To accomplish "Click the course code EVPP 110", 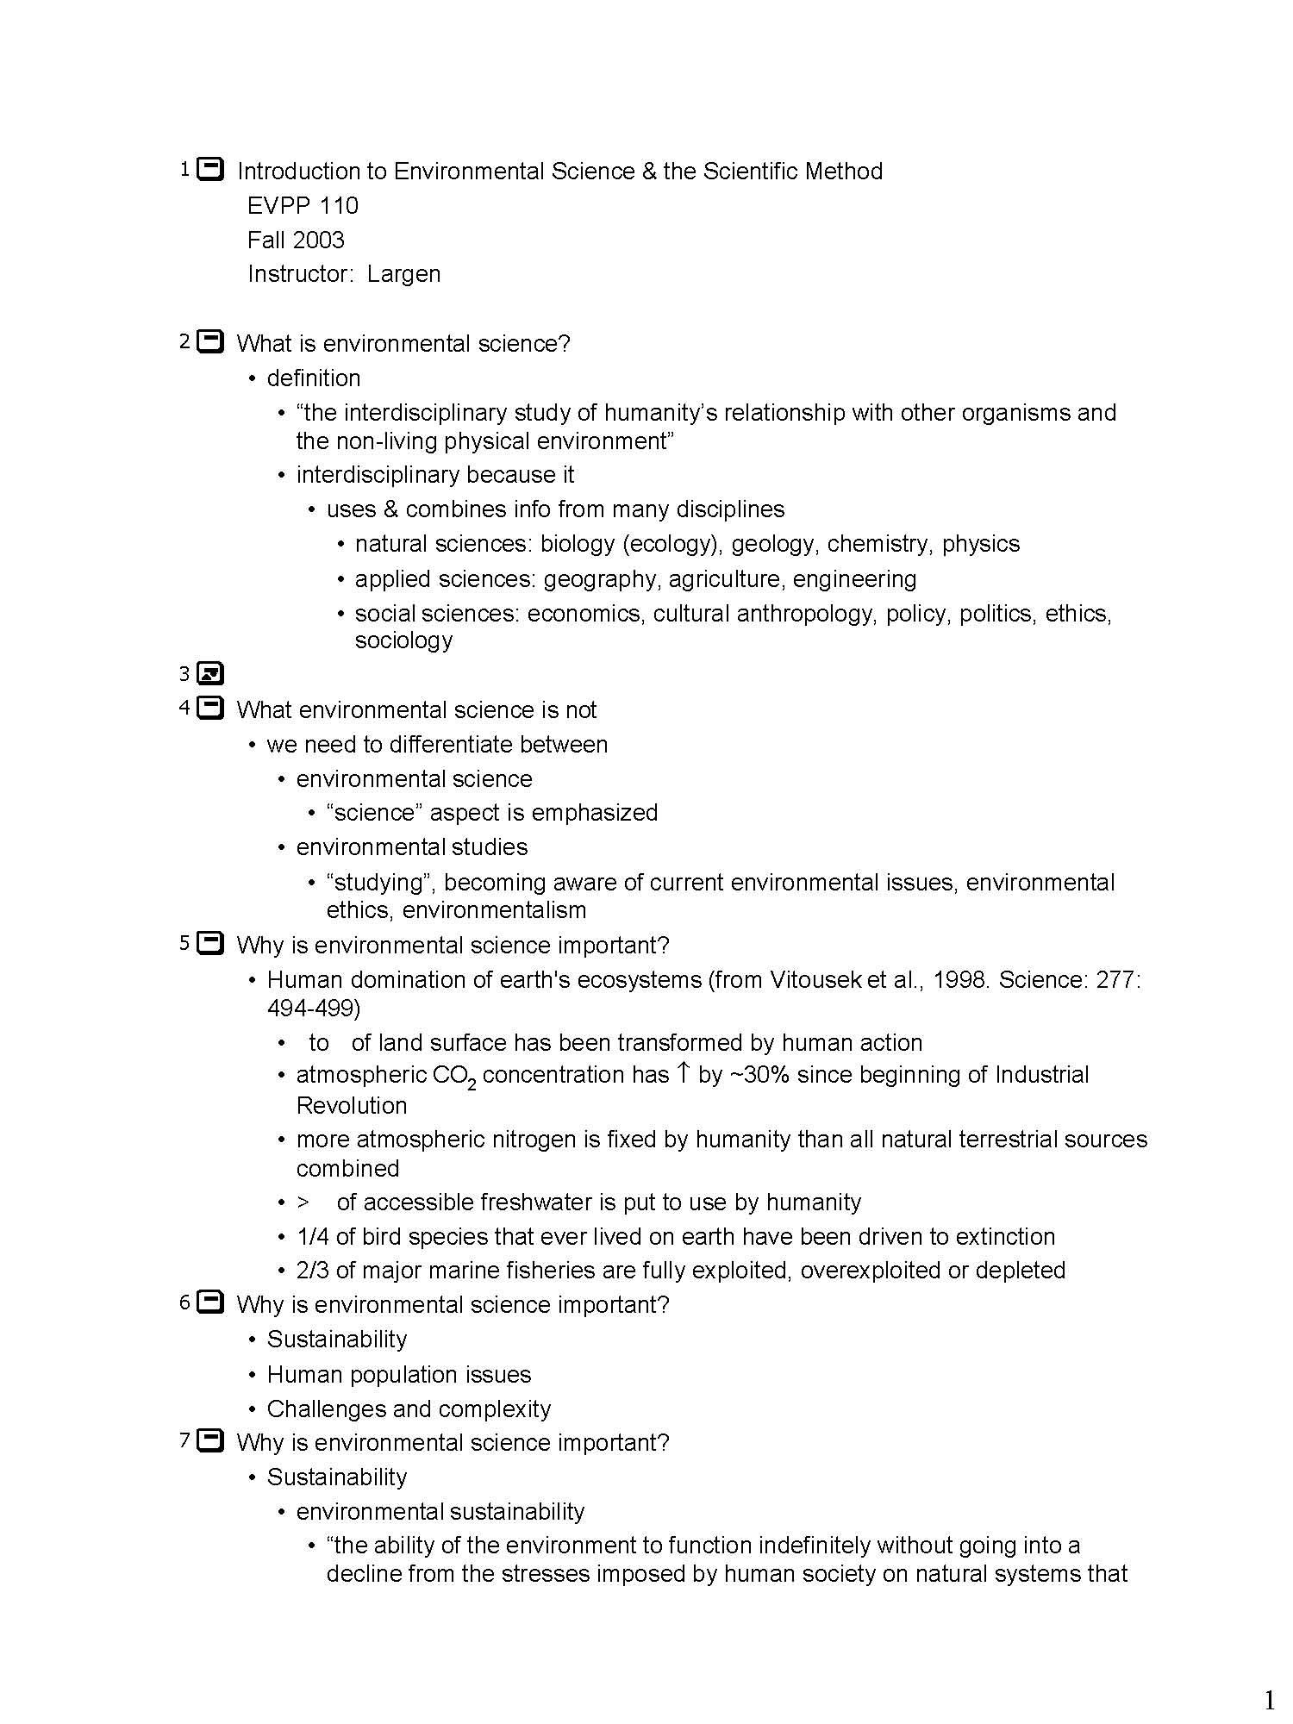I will click(303, 206).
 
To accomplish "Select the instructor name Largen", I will click(403, 274).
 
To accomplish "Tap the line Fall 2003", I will click(296, 240).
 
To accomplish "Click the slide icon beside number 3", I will click(209, 673).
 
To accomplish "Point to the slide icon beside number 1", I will click(210, 169).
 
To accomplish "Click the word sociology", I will click(403, 640).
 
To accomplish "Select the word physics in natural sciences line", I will click(980, 544).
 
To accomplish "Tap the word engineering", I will click(854, 579).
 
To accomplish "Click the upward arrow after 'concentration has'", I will click(683, 1072).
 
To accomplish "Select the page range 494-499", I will click(314, 1008).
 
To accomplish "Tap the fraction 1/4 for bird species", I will click(313, 1237).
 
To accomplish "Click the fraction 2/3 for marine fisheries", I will click(313, 1271).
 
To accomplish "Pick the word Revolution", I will click(352, 1106).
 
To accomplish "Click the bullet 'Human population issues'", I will click(399, 1375).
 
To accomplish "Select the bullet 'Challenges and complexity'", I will click(409, 1409).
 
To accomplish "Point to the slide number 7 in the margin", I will click(184, 1440).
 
